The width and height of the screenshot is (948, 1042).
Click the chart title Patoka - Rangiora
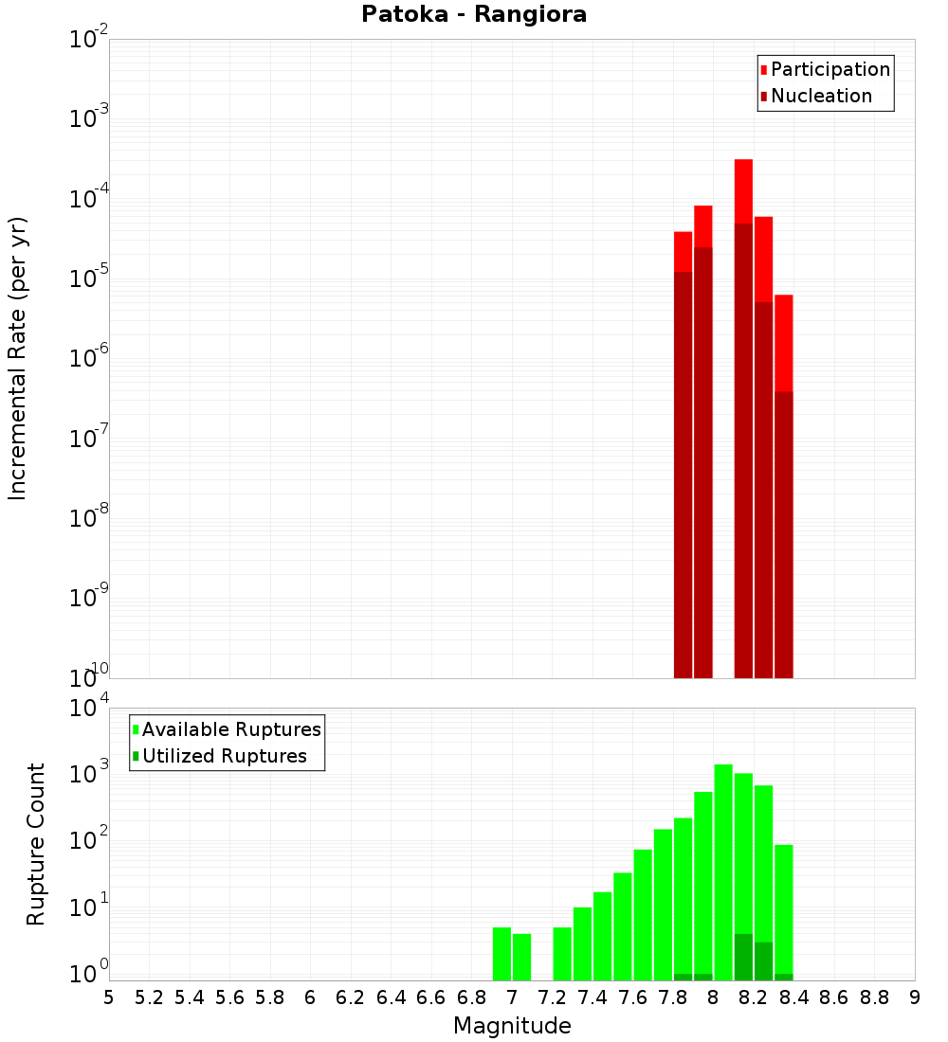tap(474, 15)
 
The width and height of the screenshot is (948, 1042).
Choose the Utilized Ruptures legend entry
tap(224, 756)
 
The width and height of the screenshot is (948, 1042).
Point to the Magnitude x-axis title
tap(512, 1026)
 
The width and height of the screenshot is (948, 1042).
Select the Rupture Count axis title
tap(36, 844)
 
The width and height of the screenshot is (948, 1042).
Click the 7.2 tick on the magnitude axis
tap(552, 997)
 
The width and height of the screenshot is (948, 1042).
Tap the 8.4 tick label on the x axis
tap(793, 997)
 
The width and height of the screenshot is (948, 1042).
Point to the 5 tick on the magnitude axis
tap(109, 997)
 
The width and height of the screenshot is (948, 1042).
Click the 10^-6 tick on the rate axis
tap(90, 359)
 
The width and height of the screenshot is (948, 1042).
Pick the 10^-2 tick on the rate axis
tap(90, 40)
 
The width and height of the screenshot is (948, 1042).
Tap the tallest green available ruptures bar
tap(723, 871)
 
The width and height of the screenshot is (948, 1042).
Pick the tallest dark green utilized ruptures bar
tap(743, 957)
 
